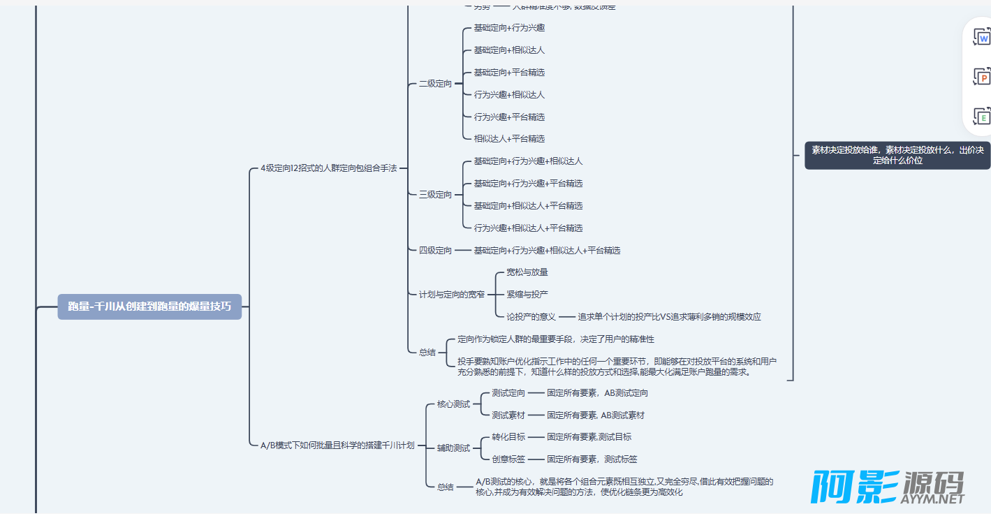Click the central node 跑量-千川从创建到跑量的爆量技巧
click(149, 307)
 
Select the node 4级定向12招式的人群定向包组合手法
click(328, 168)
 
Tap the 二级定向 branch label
click(435, 84)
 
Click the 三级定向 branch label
click(435, 195)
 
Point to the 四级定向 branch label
click(435, 251)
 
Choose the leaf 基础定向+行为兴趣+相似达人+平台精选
click(547, 251)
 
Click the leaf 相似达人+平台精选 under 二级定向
click(509, 139)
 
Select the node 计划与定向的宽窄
click(451, 295)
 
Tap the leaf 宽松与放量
click(527, 272)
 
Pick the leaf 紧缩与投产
click(527, 295)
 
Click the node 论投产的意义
click(531, 317)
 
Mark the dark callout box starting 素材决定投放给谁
click(897, 155)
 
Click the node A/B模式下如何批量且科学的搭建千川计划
click(337, 445)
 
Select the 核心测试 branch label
click(453, 404)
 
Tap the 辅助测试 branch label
click(453, 448)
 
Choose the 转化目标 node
click(508, 437)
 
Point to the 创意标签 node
click(508, 459)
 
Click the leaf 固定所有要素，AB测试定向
click(597, 393)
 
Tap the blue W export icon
click(983, 38)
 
